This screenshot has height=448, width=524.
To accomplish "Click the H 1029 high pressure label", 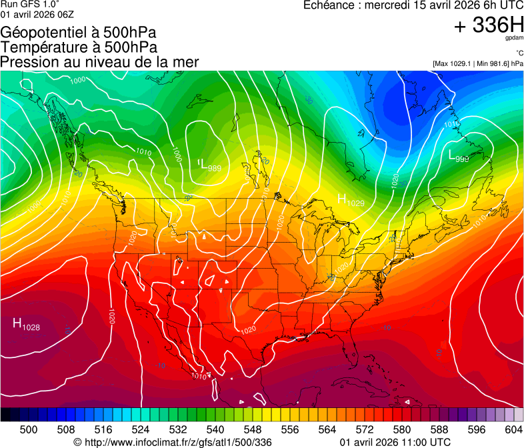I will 350,199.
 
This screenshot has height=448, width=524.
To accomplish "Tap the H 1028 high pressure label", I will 26,325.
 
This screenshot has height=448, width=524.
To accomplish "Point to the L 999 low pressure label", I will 458,157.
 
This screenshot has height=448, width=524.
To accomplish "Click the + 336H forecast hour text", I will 489,25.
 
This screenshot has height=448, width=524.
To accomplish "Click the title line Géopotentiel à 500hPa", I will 79,33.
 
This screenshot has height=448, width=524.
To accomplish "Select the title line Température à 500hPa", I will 79,47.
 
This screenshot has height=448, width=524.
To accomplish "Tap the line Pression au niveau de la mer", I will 99,62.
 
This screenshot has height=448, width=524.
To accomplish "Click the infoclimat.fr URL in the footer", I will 173,442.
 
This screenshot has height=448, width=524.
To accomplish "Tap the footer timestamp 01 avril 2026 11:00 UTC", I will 395,442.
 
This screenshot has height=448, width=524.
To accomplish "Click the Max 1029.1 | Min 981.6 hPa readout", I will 478,64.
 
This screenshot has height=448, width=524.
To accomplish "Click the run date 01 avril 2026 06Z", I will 38,15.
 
